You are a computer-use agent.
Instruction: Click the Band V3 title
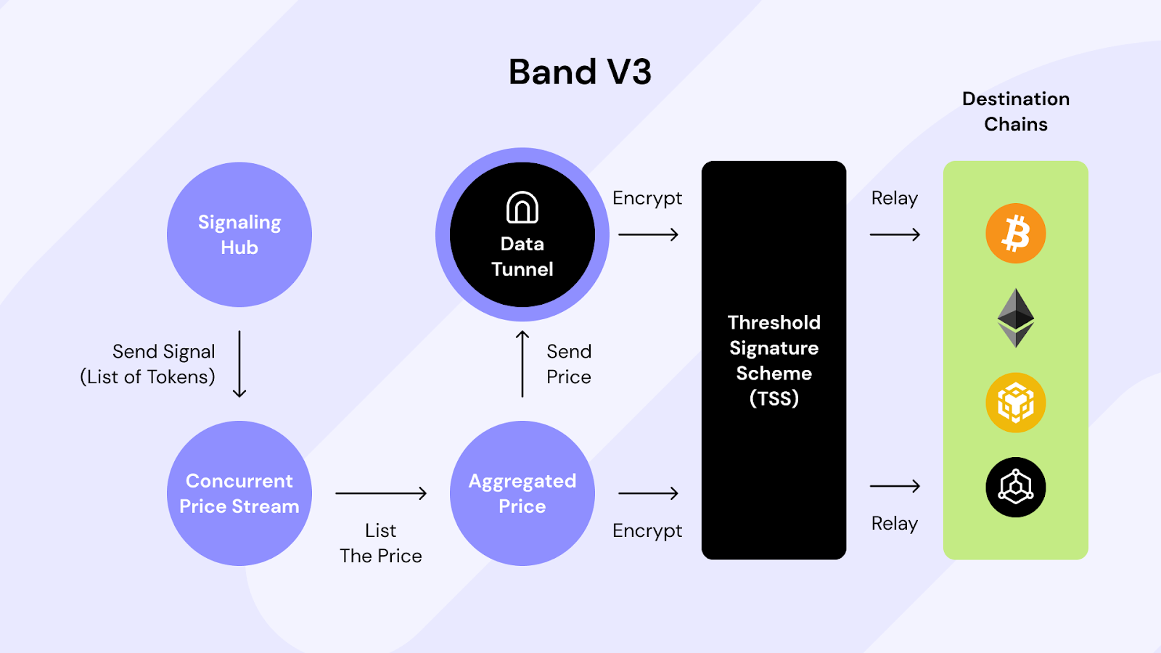[580, 72]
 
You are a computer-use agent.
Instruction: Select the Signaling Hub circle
[239, 234]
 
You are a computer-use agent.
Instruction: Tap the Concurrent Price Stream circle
[239, 493]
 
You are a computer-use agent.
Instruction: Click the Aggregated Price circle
[522, 493]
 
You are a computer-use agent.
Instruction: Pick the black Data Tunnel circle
[522, 234]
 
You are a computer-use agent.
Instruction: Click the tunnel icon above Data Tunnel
[522, 208]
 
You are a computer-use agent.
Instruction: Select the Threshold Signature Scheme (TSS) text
[774, 360]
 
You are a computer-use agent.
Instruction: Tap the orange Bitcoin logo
[1016, 234]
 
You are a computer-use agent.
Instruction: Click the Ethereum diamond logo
[1016, 318]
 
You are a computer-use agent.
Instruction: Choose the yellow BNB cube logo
[1016, 403]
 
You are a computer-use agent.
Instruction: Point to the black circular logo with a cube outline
[1016, 487]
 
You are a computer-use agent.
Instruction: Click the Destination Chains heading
[1016, 112]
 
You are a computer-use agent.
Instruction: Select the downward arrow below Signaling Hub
[239, 364]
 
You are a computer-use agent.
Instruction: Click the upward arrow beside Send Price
[522, 364]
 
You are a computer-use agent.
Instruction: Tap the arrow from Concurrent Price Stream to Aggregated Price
[381, 493]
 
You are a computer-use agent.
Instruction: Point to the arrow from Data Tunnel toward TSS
[649, 235]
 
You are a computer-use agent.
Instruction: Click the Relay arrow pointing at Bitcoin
[895, 235]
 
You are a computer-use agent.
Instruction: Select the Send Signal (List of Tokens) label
[148, 364]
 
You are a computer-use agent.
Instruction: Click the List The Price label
[381, 543]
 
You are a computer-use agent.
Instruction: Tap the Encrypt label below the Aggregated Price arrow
[647, 531]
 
